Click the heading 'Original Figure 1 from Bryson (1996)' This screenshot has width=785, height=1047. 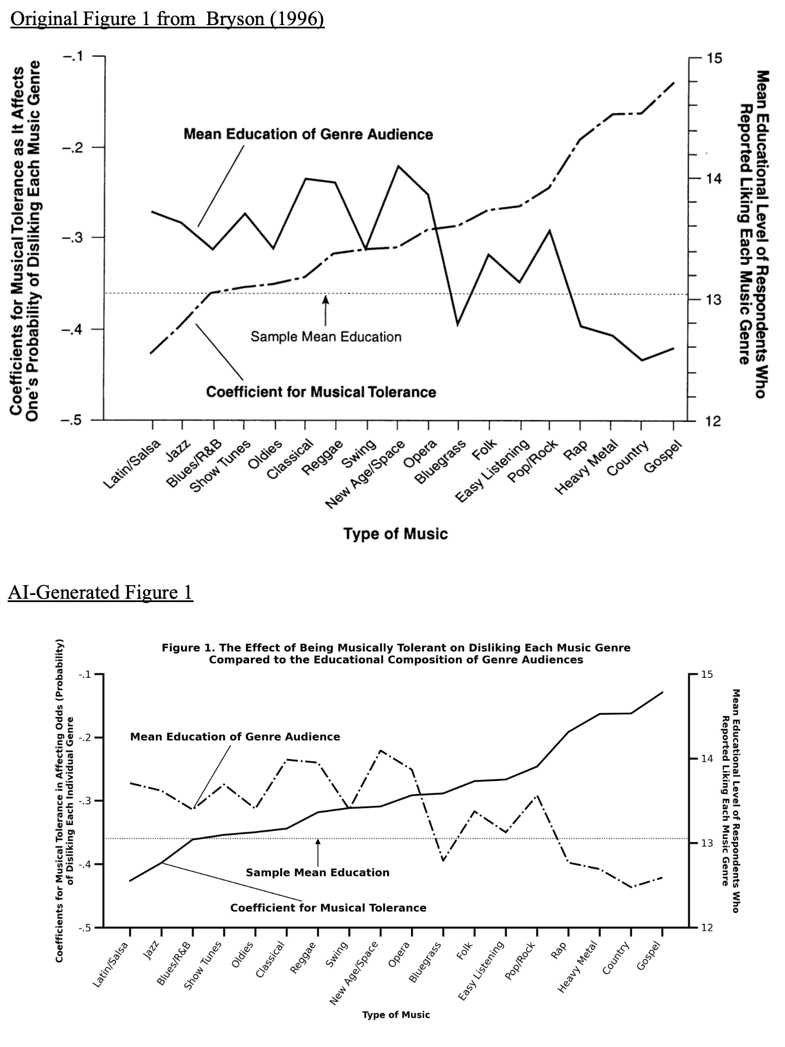tap(167, 20)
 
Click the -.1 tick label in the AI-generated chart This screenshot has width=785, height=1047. tap(84, 675)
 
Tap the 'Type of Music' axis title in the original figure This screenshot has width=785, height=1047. tap(395, 533)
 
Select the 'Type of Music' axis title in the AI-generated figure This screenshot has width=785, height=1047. tap(396, 1014)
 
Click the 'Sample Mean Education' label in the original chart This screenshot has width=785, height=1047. tap(326, 336)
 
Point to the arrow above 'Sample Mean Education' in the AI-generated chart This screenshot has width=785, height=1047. tap(318, 850)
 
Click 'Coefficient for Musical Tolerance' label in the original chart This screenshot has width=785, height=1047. tap(321, 392)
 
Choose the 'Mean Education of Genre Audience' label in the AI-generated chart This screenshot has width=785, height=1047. tap(235, 737)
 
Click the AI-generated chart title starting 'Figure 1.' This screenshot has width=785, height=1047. tap(396, 653)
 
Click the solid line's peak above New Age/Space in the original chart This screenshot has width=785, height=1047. tap(398, 166)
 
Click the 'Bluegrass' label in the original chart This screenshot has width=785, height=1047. tap(440, 462)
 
